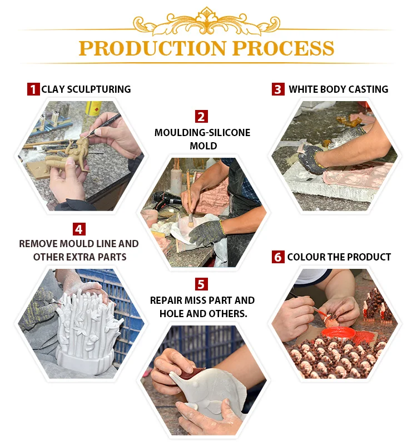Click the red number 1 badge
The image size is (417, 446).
33,89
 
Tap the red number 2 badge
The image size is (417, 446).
201,117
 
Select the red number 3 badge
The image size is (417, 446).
278,89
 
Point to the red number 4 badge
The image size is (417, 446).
79,229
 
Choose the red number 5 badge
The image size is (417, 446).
201,284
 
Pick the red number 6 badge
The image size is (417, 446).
278,257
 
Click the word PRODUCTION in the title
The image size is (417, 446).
152,48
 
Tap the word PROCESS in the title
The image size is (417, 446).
284,48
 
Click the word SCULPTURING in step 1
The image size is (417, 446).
99,89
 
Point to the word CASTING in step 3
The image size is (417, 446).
368,89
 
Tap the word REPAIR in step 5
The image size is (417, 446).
166,300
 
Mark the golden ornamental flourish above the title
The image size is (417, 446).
207,21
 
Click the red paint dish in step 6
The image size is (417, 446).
339,333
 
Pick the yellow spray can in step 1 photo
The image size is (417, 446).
93,108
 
